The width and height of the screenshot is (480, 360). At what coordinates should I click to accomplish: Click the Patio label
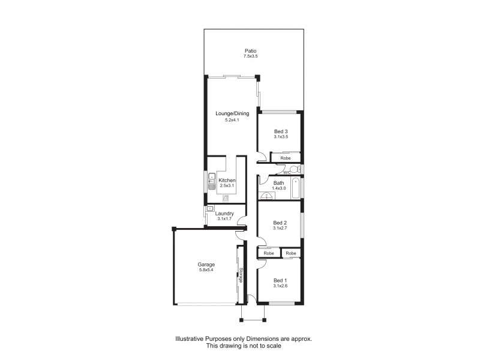[x=250, y=50]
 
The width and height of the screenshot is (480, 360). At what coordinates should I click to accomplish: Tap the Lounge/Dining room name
[x=232, y=113]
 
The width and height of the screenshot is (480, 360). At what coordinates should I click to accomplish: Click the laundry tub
[x=210, y=209]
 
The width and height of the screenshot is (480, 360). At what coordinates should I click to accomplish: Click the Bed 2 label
[x=280, y=223]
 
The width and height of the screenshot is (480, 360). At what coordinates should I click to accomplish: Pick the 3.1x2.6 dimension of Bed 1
[x=280, y=286]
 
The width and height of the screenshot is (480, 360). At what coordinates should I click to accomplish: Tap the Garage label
[x=206, y=265]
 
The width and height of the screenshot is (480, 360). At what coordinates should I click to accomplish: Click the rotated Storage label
[x=241, y=275]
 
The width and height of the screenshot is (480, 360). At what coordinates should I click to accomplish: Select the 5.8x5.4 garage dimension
[x=206, y=271]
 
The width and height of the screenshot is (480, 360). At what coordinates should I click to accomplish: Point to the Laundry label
[x=226, y=214]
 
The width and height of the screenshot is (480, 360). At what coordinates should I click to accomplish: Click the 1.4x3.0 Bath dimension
[x=278, y=189]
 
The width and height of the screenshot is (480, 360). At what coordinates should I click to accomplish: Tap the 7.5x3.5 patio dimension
[x=250, y=56]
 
